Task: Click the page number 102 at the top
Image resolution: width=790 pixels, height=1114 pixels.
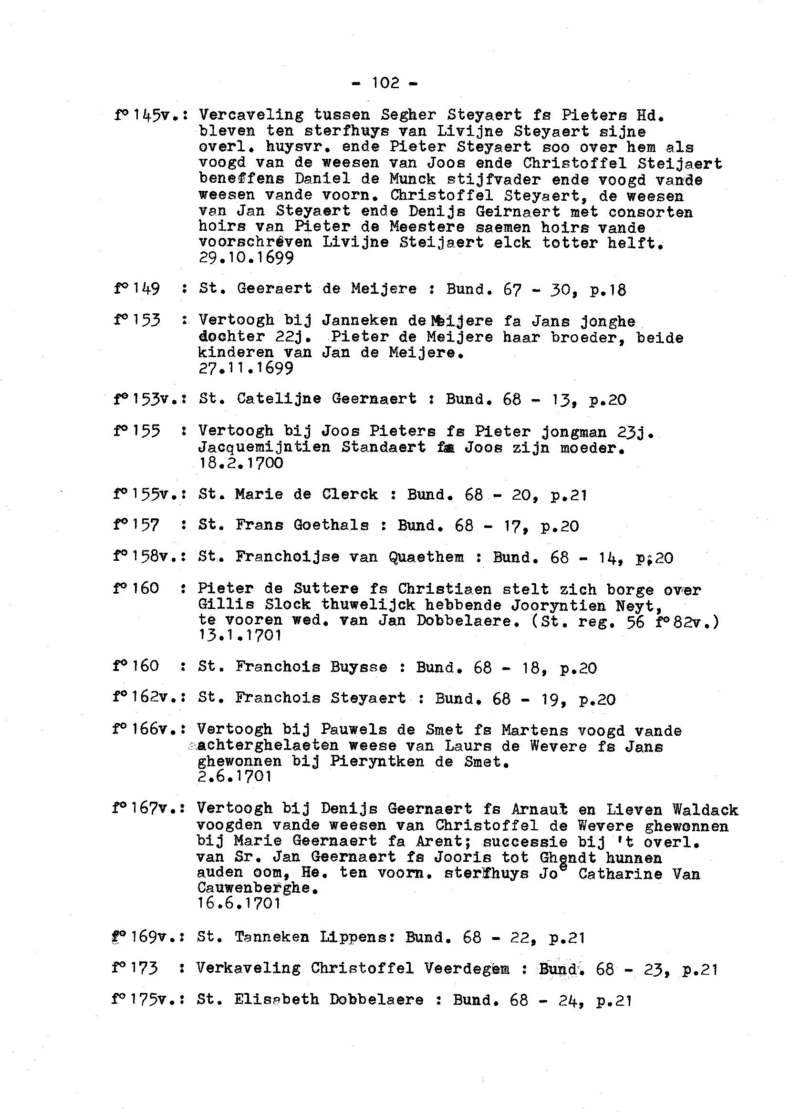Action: (385, 83)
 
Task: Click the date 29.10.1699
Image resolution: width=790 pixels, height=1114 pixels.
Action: (246, 258)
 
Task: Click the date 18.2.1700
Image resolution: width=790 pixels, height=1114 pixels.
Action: (241, 463)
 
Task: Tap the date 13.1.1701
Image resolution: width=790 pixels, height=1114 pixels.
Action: (240, 636)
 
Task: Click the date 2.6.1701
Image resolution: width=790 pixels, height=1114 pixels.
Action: (234, 776)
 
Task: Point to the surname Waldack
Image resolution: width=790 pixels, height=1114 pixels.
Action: (705, 810)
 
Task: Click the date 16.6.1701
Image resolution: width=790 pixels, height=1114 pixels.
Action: (239, 903)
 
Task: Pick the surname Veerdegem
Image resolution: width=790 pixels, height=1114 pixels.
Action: (467, 968)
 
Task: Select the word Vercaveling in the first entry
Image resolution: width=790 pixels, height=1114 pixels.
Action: (251, 115)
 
